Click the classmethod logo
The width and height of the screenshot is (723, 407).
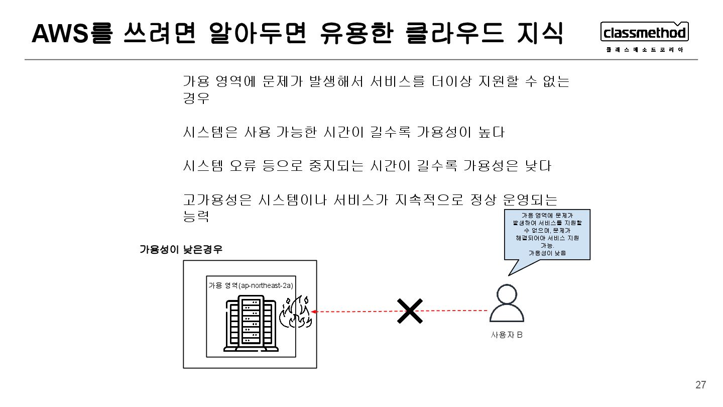click(x=644, y=33)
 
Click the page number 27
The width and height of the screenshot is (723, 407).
click(x=700, y=385)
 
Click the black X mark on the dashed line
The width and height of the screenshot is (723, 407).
click(x=410, y=312)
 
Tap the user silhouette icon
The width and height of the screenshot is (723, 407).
click(x=507, y=304)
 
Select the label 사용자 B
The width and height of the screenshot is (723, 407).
click(x=507, y=335)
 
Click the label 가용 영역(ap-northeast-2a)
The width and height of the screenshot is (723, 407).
click(x=251, y=285)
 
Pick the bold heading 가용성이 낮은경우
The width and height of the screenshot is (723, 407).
click(x=180, y=249)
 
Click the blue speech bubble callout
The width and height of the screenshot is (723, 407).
click(x=547, y=235)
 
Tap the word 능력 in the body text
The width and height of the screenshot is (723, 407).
click(x=195, y=217)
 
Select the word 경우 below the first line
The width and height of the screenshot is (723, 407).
click(x=195, y=98)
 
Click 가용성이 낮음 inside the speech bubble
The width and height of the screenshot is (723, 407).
click(x=547, y=253)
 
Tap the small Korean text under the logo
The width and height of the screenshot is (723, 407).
click(x=644, y=49)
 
